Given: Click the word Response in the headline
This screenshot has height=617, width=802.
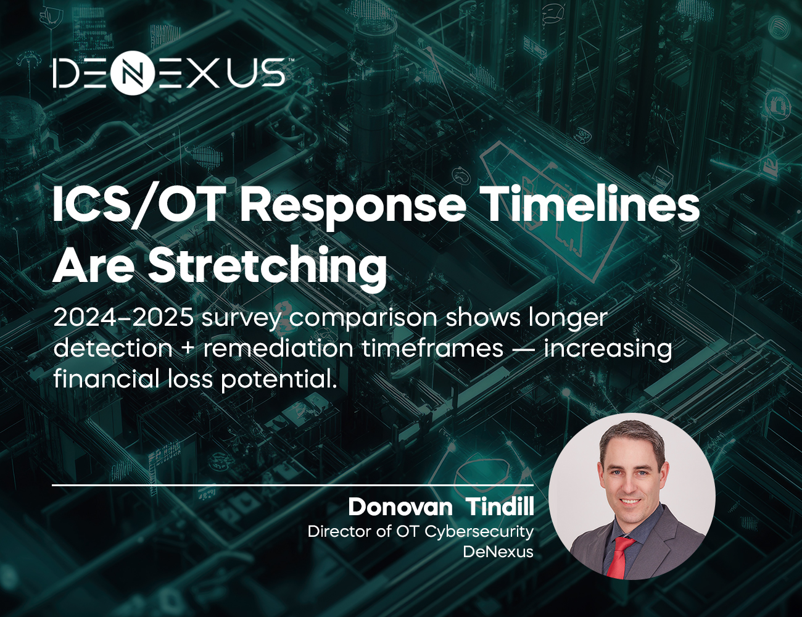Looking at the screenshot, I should pyautogui.click(x=352, y=204).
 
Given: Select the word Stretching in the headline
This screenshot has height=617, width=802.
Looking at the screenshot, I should pyautogui.click(x=267, y=266).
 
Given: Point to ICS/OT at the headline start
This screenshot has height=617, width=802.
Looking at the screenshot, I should pyautogui.click(x=138, y=204).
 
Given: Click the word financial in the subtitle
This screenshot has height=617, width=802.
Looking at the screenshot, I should pyautogui.click(x=106, y=379).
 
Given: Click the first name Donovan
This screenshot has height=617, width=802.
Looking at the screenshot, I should pyautogui.click(x=400, y=507).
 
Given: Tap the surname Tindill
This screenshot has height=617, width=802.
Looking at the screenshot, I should pyautogui.click(x=500, y=507).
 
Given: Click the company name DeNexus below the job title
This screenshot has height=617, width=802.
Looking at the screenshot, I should pyautogui.click(x=498, y=552).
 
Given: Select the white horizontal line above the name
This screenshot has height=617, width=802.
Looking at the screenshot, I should pyautogui.click(x=292, y=486).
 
